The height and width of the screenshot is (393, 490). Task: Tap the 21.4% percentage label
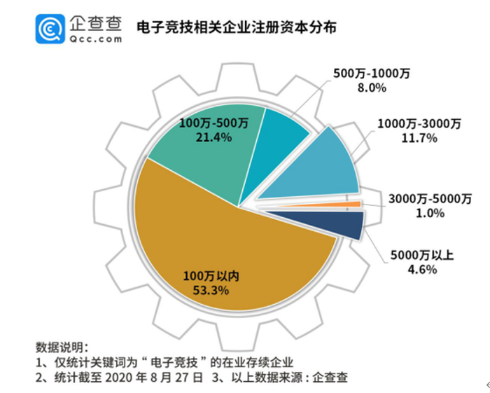pyautogui.click(x=214, y=137)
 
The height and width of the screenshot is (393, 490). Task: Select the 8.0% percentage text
pyautogui.click(x=372, y=88)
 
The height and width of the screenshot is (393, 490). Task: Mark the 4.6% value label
pyautogui.click(x=421, y=270)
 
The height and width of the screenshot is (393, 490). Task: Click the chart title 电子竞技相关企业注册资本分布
pyautogui.click(x=236, y=27)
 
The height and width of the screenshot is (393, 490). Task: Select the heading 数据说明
pyautogui.click(x=62, y=347)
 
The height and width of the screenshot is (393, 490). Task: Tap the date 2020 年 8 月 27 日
pyautogui.click(x=153, y=378)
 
